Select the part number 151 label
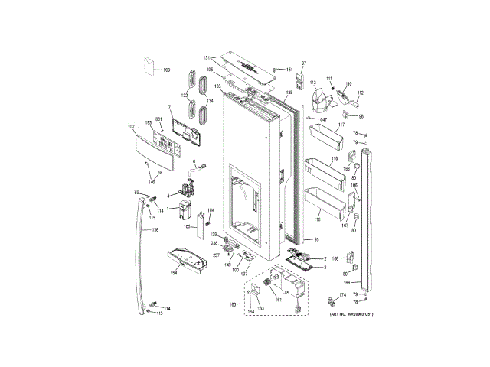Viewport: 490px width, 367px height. point(289,70)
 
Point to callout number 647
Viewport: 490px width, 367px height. point(322,119)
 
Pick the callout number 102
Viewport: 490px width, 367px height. point(131,126)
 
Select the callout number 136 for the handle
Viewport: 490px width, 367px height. point(155,229)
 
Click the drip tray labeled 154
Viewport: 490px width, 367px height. point(186,260)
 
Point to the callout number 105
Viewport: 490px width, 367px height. point(186,226)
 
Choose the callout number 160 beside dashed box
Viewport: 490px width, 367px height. point(233,305)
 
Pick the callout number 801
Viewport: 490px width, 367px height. point(159,119)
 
